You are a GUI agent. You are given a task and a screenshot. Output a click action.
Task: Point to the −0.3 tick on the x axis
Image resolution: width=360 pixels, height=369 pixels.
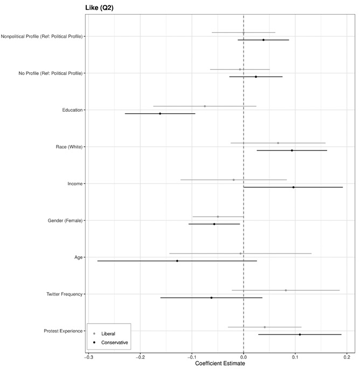[88, 356]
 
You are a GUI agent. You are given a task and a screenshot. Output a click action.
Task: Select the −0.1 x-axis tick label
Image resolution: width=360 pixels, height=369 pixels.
[191, 356]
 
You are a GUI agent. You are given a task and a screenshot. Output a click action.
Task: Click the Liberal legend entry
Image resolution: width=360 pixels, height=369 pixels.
[108, 334]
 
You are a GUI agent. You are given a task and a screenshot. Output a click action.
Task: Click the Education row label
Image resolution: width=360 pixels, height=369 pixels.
[72, 110]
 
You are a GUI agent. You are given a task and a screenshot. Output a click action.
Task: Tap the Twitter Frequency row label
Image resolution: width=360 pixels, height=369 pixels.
[65, 294]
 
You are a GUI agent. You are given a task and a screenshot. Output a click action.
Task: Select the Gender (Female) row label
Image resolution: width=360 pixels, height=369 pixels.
[65, 221]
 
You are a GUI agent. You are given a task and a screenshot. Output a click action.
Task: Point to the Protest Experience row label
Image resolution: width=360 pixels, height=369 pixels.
[64, 331]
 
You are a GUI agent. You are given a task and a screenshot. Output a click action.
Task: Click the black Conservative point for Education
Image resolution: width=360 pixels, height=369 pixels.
[160, 114]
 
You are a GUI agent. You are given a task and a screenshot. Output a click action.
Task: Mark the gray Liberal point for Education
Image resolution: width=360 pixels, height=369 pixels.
[205, 106]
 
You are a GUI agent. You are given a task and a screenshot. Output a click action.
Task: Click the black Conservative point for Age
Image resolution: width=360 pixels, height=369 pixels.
[177, 261]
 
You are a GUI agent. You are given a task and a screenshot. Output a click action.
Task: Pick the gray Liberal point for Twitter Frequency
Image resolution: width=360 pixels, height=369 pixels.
[286, 290]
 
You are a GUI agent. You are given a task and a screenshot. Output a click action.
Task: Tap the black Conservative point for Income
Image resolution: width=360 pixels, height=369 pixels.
[294, 187]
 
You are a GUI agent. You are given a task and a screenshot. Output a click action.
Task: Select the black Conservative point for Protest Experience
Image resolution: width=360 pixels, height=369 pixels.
[300, 334]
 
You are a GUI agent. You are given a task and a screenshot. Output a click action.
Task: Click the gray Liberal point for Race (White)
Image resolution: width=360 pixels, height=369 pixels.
[278, 143]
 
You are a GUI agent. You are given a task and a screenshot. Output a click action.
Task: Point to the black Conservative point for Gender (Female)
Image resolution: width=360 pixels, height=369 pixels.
[214, 224]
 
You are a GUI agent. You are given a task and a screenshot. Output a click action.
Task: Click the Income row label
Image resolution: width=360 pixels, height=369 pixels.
[75, 184]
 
